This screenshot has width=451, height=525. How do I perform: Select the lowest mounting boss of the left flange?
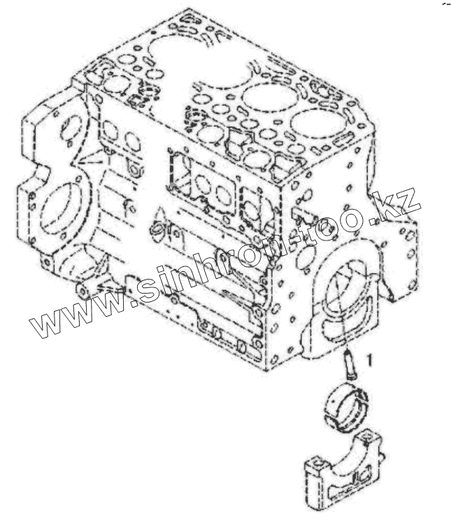pyautogui.click(x=85, y=288)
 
